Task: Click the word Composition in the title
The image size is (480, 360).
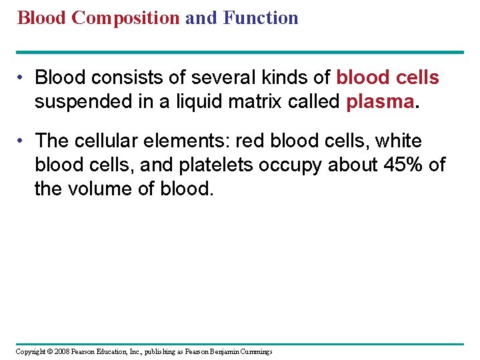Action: [x=125, y=18]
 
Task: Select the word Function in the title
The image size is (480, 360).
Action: [x=261, y=18]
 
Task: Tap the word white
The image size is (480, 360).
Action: [x=399, y=141]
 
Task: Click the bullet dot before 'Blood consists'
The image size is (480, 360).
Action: [x=21, y=79]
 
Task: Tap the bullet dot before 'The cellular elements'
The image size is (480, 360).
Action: [x=21, y=141]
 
